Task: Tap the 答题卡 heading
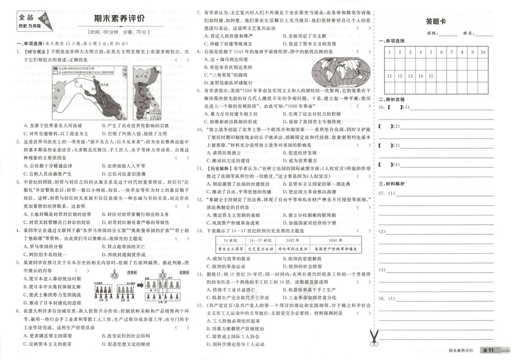coord(436,21)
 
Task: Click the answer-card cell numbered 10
coord(483,53)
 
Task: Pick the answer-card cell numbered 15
coord(431,76)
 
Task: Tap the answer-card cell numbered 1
coord(389,53)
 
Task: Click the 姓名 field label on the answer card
coord(469,33)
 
